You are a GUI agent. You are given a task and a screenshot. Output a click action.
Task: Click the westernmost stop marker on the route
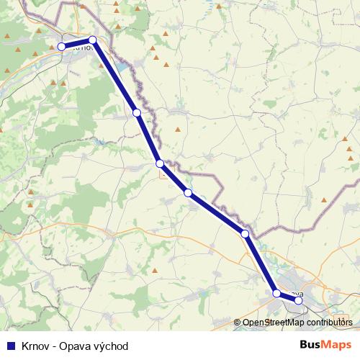coord(62,47)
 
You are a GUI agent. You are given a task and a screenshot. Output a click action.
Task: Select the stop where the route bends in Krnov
coord(92,40)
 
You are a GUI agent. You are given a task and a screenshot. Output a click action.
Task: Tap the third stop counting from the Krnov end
coord(137,113)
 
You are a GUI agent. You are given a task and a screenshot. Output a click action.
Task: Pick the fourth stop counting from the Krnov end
coord(160,164)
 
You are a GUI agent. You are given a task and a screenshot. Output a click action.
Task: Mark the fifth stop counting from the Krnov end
coord(188,192)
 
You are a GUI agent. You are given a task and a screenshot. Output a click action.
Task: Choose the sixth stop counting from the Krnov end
coord(245,234)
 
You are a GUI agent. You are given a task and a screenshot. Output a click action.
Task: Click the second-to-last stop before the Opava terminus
coord(276,293)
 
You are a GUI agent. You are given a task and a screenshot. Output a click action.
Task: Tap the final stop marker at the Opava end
coord(300,300)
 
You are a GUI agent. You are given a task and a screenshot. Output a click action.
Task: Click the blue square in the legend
coord(10,346)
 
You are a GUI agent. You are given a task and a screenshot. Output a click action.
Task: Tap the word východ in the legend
coord(112,346)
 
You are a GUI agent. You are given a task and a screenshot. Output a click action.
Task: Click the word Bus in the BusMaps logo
coord(310,345)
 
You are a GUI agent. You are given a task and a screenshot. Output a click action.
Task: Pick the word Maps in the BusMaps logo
coord(337,345)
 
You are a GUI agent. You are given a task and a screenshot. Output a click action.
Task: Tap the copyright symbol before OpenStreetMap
coord(237,323)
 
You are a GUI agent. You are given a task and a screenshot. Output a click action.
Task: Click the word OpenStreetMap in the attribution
coord(273,323)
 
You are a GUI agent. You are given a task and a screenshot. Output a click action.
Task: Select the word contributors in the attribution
coord(329,323)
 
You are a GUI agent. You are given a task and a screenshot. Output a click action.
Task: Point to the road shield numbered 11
coord(165,172)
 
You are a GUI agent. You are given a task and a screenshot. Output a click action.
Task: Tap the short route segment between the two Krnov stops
coord(77,43)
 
